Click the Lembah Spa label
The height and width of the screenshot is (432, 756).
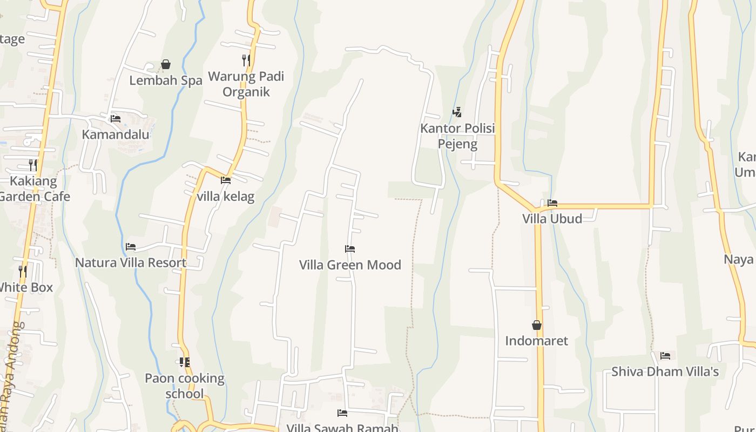click(x=166, y=80)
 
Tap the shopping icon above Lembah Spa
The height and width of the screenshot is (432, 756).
click(x=166, y=65)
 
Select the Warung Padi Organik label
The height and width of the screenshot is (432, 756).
click(x=246, y=84)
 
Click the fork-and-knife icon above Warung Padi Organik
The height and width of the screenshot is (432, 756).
click(x=246, y=60)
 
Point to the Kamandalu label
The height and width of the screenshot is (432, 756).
click(x=116, y=134)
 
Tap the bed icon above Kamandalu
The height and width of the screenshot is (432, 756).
click(x=116, y=119)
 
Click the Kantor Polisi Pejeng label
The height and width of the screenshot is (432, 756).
click(x=457, y=136)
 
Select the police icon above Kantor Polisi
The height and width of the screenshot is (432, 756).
click(x=457, y=112)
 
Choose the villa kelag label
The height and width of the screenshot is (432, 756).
click(x=226, y=196)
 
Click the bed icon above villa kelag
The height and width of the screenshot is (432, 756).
click(x=226, y=180)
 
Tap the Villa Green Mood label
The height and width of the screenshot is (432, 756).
click(x=350, y=265)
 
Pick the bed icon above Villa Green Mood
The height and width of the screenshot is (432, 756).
click(x=350, y=249)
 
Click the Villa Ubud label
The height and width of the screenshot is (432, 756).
click(x=552, y=219)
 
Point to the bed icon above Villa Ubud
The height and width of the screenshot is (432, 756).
click(x=552, y=203)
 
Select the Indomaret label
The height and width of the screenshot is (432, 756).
click(x=537, y=341)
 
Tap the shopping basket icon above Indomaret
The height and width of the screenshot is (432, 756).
click(x=537, y=325)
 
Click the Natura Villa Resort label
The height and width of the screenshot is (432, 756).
click(x=131, y=262)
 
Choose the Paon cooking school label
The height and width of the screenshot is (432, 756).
click(x=185, y=386)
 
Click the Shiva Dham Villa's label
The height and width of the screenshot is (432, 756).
click(x=665, y=372)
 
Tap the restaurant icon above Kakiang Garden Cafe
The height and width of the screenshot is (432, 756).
click(x=33, y=165)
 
